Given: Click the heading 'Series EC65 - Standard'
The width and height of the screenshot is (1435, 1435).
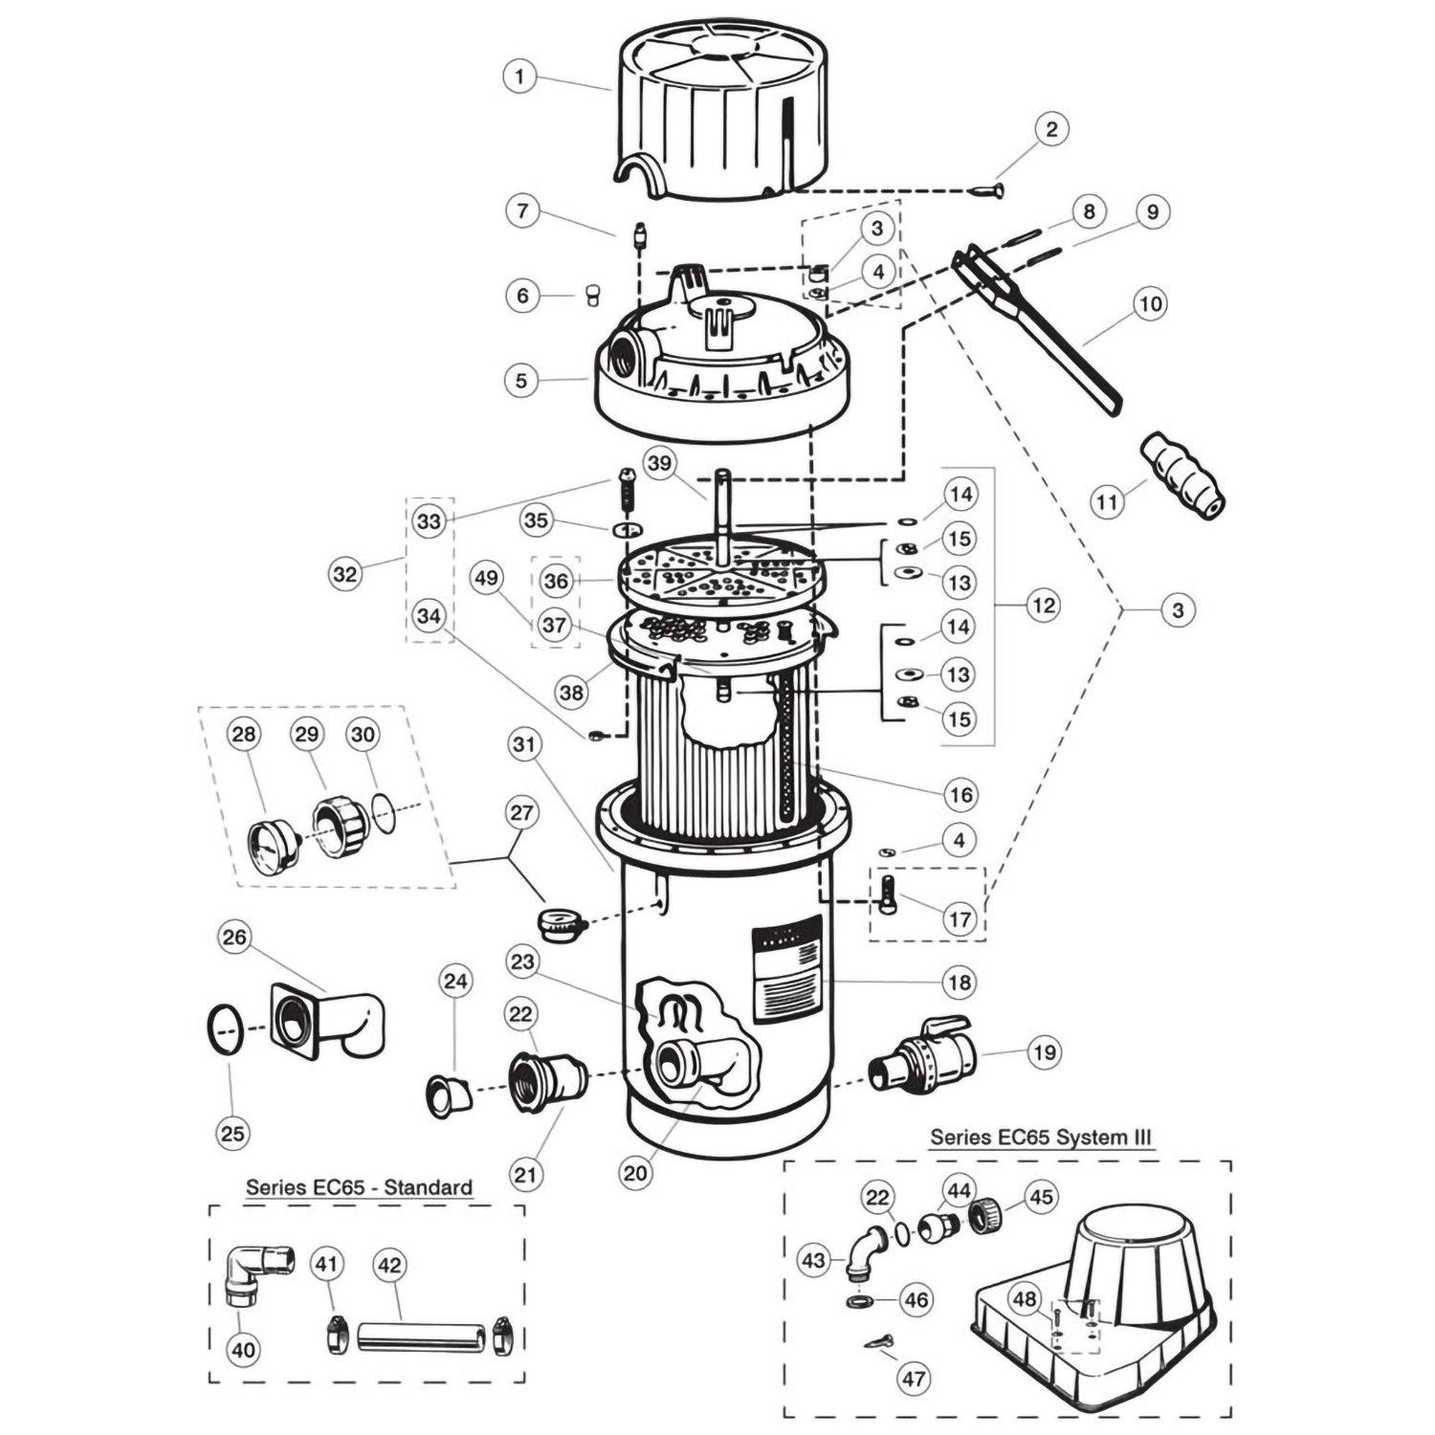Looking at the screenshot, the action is click(359, 1187).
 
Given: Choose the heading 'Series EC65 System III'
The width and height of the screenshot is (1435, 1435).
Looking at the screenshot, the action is click(1041, 1137).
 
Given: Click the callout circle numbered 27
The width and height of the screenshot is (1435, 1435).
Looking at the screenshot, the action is click(523, 813).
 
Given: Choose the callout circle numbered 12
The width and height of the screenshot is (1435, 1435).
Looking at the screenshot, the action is click(1042, 605).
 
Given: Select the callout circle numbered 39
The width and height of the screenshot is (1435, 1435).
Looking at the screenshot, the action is click(657, 463).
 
